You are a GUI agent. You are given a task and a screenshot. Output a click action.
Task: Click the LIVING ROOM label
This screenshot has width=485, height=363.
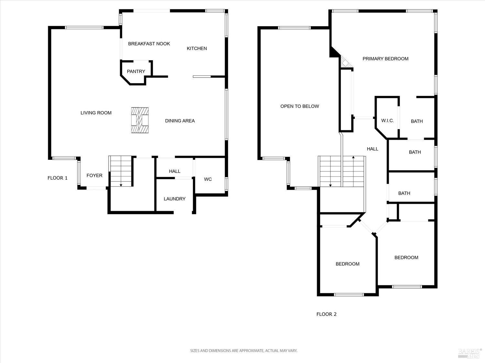(96, 113)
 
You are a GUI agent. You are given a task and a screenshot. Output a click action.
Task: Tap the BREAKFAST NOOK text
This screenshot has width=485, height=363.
(149, 44)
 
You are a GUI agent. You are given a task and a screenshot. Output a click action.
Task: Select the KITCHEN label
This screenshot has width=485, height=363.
(197, 48)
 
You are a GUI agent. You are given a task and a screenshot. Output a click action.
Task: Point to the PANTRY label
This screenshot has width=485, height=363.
(136, 71)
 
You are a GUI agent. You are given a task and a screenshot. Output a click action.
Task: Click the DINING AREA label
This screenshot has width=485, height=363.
(180, 121)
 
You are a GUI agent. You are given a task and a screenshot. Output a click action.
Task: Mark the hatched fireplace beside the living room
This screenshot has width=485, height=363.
(140, 120)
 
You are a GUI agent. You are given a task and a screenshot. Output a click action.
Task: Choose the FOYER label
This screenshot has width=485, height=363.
(94, 176)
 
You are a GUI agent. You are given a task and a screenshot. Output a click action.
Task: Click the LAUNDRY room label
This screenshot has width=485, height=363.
(174, 199)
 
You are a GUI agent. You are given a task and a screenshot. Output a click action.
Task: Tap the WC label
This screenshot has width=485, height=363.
(208, 179)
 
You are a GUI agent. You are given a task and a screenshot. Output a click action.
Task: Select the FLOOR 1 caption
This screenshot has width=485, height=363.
(58, 178)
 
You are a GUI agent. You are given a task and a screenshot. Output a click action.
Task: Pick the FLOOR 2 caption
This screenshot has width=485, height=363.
(326, 314)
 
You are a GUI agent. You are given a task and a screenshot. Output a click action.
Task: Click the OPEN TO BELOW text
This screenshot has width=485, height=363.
(299, 106)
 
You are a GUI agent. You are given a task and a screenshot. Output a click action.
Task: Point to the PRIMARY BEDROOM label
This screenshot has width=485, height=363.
(385, 59)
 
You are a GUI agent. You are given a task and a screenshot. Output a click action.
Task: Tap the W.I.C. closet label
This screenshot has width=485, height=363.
(387, 121)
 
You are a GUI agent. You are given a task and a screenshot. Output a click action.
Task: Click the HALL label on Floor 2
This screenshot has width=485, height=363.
(372, 149)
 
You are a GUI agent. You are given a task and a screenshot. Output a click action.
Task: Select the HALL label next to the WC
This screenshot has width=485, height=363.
(175, 171)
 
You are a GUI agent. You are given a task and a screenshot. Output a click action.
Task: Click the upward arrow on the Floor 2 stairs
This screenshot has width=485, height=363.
(353, 158)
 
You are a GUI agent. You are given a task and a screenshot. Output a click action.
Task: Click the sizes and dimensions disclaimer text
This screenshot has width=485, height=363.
(243, 350)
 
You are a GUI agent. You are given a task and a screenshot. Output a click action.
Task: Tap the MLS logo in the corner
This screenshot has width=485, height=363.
(470, 353)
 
